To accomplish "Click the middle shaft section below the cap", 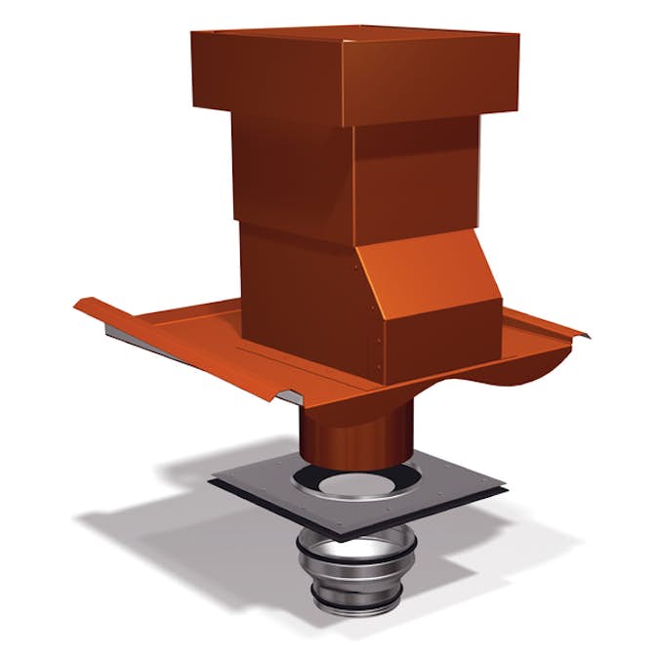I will pos(293,176).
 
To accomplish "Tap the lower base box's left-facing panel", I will pos(293,293).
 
